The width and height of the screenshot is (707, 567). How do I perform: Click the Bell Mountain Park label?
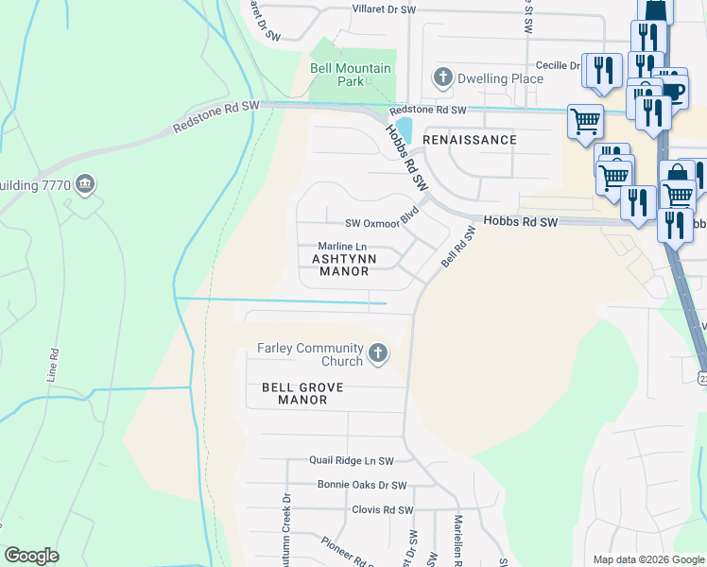(337, 75)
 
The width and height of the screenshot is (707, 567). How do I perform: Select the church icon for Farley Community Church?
(377, 354)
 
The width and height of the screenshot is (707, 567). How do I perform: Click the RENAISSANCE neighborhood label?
(470, 140)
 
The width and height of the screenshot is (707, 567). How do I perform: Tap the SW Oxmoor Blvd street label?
(381, 220)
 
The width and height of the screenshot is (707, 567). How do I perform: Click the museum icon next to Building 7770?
(85, 183)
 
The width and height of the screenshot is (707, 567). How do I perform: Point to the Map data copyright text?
(648, 559)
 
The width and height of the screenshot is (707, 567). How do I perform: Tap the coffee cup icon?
(672, 91)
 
